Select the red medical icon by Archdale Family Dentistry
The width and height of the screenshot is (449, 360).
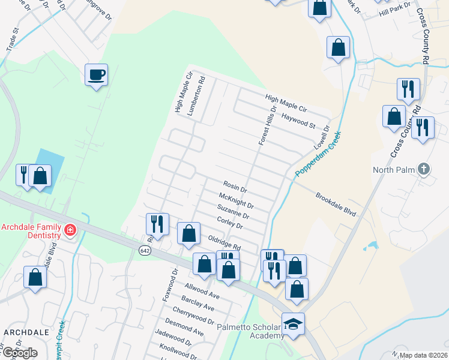tap(70, 230)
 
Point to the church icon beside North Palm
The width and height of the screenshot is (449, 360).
tap(423, 169)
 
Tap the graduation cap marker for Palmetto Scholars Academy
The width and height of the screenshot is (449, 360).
tap(293, 324)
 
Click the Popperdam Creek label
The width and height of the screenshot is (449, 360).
tap(318, 154)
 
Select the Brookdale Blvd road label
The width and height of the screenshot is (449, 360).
tap(336, 205)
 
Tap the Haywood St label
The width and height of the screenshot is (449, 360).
tap(298, 121)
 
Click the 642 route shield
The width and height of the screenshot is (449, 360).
tap(144, 250)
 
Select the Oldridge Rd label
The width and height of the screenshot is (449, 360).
tap(224, 242)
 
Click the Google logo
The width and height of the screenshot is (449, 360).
tap(20, 353)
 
